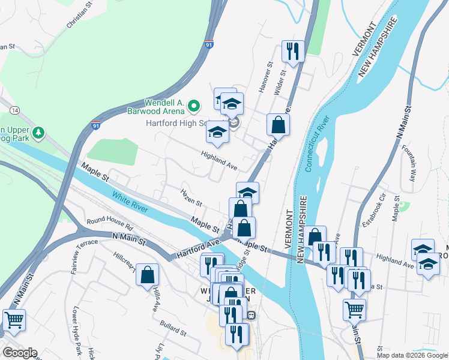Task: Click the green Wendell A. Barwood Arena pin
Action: (x=193, y=106)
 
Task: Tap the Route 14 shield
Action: (x=14, y=110)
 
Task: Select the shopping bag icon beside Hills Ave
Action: (x=147, y=276)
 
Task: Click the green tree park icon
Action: (x=39, y=131)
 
